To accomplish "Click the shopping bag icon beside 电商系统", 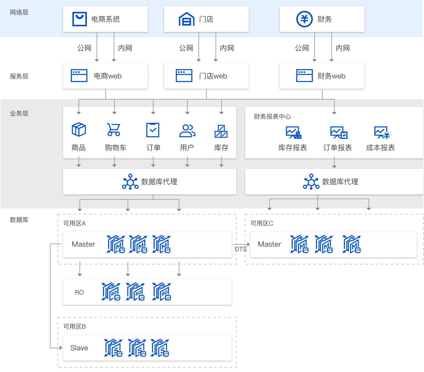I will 79,19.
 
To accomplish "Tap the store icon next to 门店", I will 186,19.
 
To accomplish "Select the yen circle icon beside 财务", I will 304,19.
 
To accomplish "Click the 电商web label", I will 108,76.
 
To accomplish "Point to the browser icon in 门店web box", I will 184,76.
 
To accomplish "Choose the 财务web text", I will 331,76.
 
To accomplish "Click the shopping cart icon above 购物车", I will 114,130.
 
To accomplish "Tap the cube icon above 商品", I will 79,130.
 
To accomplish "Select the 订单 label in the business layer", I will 153,148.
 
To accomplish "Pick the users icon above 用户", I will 187,130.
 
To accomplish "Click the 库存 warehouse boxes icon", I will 221,131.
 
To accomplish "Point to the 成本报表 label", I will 380,148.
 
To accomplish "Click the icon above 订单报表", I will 339,132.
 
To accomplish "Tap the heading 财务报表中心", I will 272,117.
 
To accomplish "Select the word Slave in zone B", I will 79,348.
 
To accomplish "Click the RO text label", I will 79,293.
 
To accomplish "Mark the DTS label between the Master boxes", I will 240,249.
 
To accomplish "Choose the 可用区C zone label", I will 262,223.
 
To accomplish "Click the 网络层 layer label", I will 19,12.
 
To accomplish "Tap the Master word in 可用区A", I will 83,244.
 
